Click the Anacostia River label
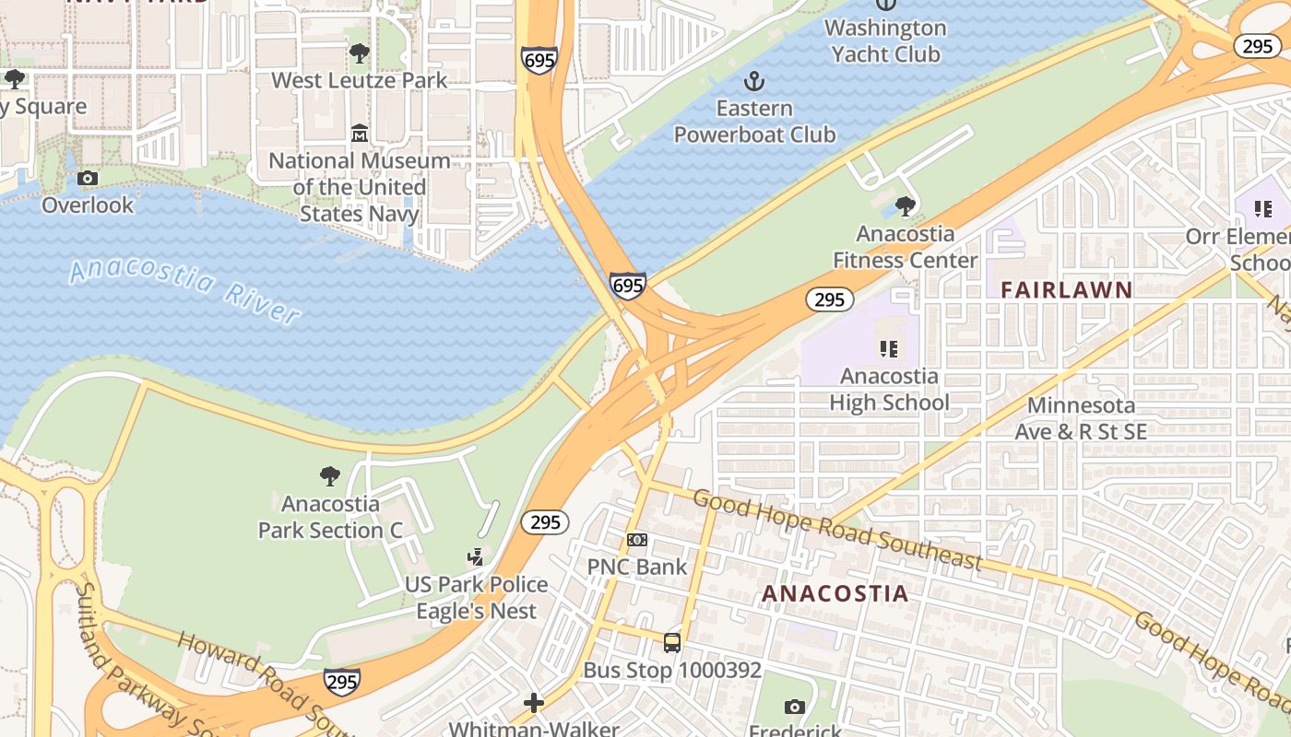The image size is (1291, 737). click(x=184, y=290)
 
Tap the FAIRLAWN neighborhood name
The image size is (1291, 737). click(x=1067, y=289)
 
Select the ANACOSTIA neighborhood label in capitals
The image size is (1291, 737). click(x=835, y=593)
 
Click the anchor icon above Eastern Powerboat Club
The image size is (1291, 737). click(x=754, y=81)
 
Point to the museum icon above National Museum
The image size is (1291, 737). click(x=360, y=135)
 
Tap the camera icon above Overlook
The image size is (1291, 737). click(x=88, y=178)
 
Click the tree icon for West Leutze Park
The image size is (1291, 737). click(x=360, y=53)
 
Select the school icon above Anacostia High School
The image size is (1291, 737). click(x=889, y=349)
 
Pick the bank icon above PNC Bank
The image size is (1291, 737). click(x=637, y=540)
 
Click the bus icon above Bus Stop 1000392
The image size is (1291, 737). click(x=672, y=642)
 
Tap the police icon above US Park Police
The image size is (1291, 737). click(x=476, y=557)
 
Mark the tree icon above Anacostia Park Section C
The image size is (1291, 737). click(x=330, y=476)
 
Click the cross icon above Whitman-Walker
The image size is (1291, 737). click(x=533, y=704)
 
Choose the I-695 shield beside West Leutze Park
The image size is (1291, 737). click(x=539, y=61)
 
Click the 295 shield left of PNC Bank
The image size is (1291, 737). click(x=545, y=522)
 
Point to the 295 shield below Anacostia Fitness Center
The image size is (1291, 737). click(x=829, y=298)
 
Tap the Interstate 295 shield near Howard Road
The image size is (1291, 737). click(x=341, y=682)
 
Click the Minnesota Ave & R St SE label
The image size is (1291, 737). click(x=1081, y=418)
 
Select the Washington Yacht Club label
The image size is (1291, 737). click(x=885, y=41)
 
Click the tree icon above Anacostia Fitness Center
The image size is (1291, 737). click(x=906, y=206)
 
